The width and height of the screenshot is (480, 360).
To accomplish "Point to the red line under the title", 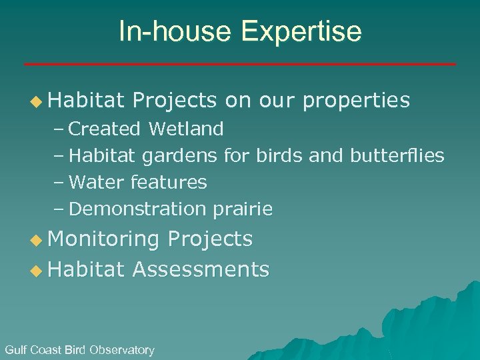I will coord(240,64).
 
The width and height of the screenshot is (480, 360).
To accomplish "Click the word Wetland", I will coord(186,128).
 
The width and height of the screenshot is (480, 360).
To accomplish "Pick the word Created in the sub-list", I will coord(104,128).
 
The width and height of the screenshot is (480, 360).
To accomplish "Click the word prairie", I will coord(243,209).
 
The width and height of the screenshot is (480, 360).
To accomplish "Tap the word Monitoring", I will coord(103,239).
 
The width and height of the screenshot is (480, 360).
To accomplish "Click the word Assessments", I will coord(201,269).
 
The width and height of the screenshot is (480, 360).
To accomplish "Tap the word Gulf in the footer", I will coord(16,350).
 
